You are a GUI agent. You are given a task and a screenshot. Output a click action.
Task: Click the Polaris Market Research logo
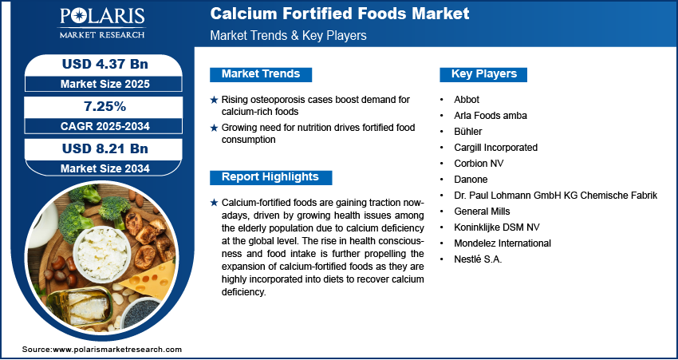[x=101, y=24]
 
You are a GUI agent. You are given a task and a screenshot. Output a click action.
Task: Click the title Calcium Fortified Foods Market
[x=339, y=14]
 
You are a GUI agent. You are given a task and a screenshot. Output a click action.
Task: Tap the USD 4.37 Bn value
[x=104, y=64]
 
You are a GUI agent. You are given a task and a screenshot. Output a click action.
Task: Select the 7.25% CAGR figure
[x=104, y=106]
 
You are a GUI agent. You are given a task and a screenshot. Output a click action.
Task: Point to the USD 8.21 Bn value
[x=104, y=148]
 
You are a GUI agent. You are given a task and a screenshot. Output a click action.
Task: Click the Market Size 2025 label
[x=104, y=84]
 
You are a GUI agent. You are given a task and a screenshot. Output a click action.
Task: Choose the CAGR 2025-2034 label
[x=104, y=126]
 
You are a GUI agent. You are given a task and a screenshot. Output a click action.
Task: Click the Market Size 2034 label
[x=104, y=168]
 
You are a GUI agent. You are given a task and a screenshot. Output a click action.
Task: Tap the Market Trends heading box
[x=261, y=74]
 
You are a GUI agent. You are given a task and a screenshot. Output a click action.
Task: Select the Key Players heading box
[x=484, y=74]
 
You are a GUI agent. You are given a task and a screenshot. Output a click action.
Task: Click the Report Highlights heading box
[x=270, y=177]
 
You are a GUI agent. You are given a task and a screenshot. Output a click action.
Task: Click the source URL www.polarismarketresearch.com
[x=117, y=350]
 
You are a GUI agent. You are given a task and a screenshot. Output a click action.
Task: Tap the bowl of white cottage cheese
[x=102, y=251]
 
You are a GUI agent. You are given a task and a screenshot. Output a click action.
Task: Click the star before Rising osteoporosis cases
[x=213, y=100]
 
